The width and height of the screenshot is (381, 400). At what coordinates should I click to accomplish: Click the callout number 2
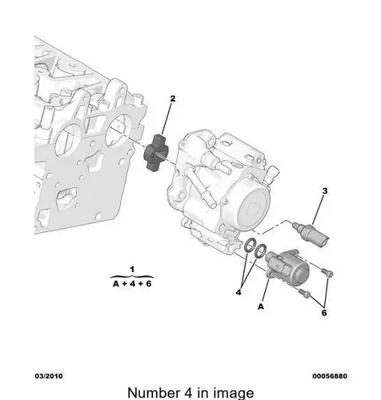tap(173, 98)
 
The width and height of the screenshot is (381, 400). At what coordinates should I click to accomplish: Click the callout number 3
tap(325, 191)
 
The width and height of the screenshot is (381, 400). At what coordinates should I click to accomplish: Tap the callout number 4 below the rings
tap(239, 293)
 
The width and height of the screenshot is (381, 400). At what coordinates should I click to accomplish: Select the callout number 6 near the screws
tap(324, 313)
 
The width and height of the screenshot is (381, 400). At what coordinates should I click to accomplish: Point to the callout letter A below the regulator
tap(261, 306)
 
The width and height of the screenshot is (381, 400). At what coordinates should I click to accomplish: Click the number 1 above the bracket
tap(132, 270)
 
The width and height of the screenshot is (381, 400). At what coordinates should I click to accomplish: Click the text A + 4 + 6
tap(132, 284)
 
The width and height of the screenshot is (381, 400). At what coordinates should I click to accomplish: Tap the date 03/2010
tap(49, 376)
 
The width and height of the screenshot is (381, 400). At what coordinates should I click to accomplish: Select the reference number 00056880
tap(330, 376)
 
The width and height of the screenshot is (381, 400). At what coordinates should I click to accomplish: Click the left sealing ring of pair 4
tap(250, 246)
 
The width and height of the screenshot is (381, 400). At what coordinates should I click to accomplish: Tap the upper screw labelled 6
tap(327, 272)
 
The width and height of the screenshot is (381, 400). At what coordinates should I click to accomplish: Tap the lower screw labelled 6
tap(305, 293)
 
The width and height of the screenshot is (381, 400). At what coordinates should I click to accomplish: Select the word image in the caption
tap(235, 394)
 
